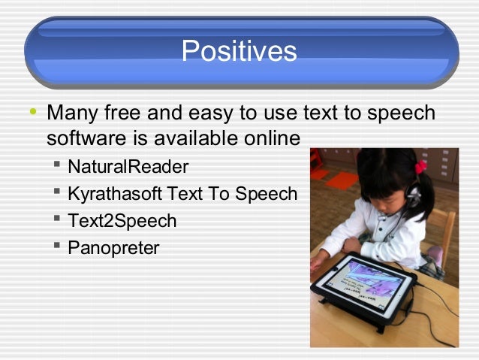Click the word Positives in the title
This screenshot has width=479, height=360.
point(239,51)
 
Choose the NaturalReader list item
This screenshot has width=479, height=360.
point(128,166)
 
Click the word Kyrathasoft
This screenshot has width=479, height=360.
point(115,194)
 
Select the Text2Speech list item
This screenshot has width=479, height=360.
point(122,221)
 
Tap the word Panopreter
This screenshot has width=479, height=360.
point(113,248)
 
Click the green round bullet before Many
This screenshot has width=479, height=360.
point(32,113)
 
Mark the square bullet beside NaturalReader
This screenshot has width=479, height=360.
point(57,165)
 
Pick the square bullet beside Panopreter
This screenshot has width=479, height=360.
point(57,247)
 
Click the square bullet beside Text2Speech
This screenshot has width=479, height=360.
point(57,220)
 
